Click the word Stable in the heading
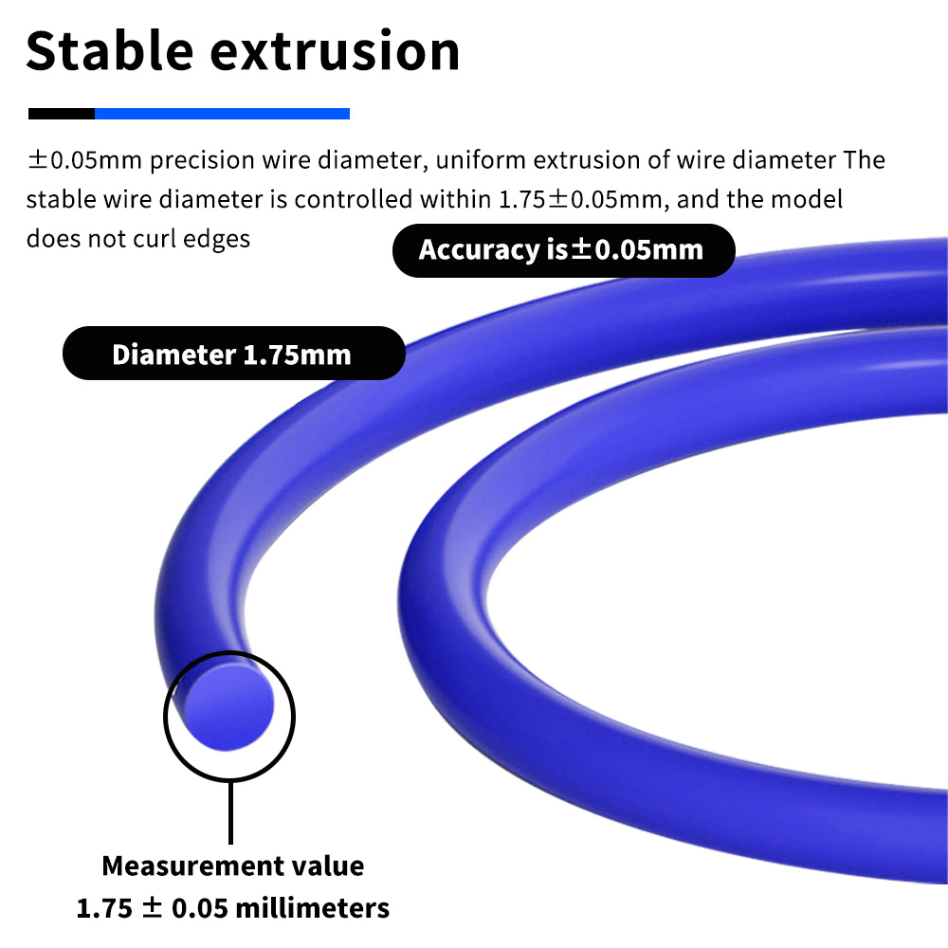109,51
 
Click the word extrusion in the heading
335,51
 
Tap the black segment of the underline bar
62,114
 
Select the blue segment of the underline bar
222,114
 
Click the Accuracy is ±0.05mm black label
563,250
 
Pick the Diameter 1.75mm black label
234,354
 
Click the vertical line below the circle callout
230,812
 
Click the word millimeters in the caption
312,908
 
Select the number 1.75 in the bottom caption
104,909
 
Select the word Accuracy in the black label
479,250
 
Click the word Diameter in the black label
173,355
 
